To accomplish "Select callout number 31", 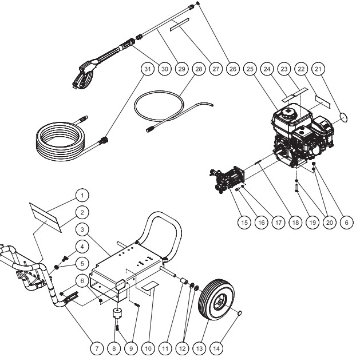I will click(x=148, y=68).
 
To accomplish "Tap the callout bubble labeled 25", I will click(x=250, y=68).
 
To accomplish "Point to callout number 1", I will click(x=82, y=193).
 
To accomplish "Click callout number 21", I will click(x=319, y=68).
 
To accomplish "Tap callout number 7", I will click(x=97, y=347).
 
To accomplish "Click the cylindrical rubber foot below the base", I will click(x=119, y=315).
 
